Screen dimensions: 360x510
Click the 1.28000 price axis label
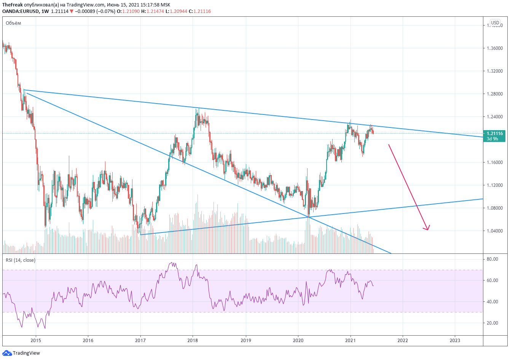tap(494, 94)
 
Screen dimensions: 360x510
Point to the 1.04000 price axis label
tap(494, 231)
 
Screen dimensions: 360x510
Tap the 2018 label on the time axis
tap(193, 340)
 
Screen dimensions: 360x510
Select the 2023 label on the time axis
tap(455, 340)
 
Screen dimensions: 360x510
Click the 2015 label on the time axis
tap(36, 340)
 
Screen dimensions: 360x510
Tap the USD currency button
tap(495, 23)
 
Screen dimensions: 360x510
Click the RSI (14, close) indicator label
tap(21, 260)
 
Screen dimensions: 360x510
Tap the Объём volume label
tap(13, 23)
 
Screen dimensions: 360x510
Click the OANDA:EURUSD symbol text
tap(20, 11)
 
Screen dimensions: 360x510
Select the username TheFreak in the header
tap(12, 5)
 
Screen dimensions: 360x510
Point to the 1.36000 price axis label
tap(494, 48)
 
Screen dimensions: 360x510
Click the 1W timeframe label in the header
tap(45, 11)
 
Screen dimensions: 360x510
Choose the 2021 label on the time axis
tap(350, 340)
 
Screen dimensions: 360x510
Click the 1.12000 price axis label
tap(494, 185)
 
